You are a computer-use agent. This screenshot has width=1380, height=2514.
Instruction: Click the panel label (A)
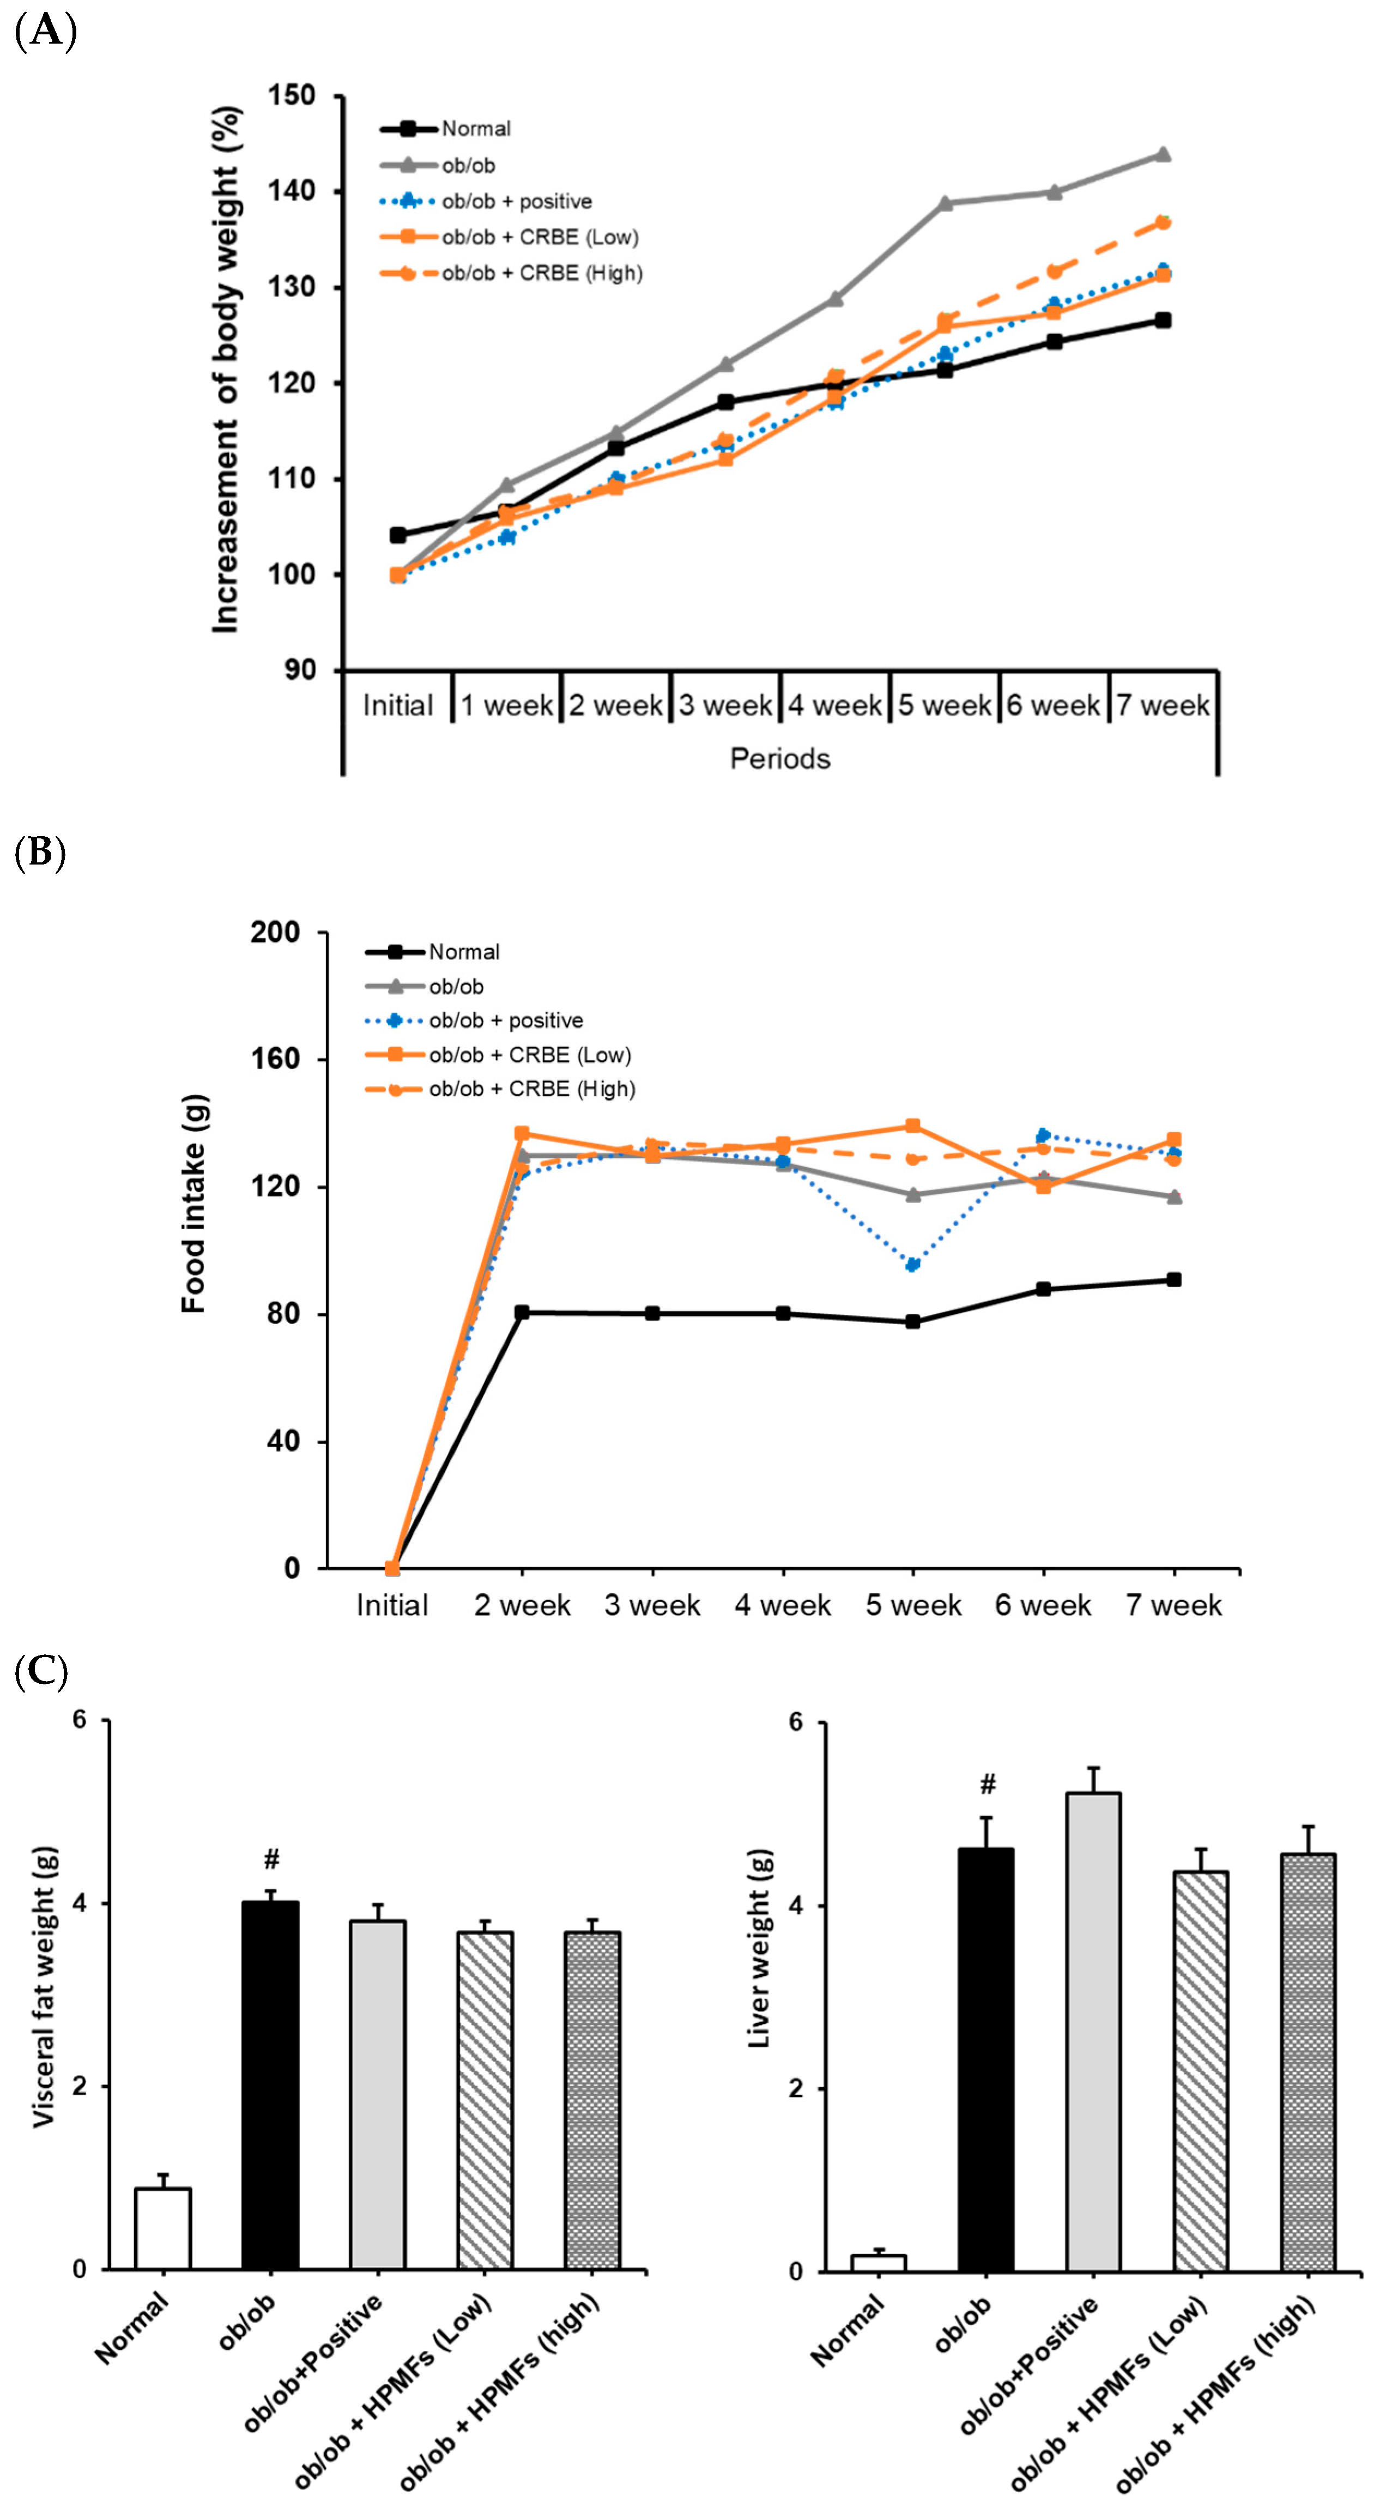tap(45, 31)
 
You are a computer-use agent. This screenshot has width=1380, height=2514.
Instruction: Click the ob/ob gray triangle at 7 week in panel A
tap(1163, 154)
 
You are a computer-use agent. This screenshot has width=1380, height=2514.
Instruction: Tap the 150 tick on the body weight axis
tap(292, 95)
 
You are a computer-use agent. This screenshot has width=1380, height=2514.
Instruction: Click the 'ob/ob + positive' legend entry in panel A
tap(516, 201)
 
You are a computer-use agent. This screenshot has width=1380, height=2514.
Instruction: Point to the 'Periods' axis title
tap(780, 758)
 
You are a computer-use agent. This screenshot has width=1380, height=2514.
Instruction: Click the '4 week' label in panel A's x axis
tap(834, 705)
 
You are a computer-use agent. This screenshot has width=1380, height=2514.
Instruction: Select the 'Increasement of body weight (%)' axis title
tap(226, 369)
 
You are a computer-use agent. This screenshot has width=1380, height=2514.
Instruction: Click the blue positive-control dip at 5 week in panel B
tap(912, 1265)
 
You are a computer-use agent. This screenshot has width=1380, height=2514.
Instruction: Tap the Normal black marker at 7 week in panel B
tap(1174, 1279)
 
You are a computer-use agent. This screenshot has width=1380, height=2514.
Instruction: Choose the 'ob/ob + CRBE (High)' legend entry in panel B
tap(532, 1089)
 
